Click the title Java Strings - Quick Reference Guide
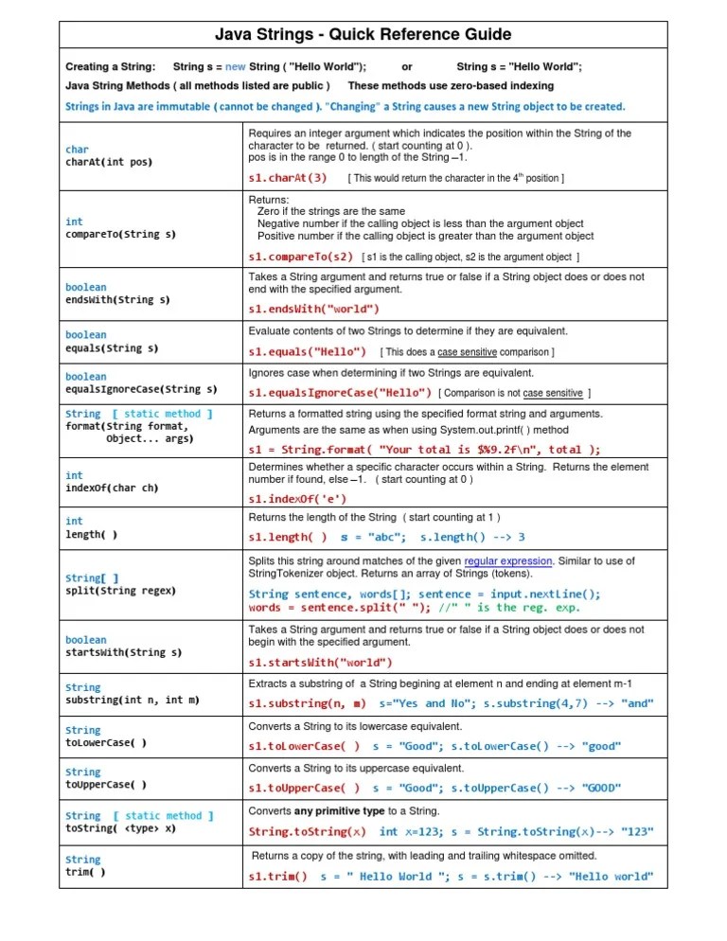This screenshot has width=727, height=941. [363, 35]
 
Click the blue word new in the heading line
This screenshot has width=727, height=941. [235, 67]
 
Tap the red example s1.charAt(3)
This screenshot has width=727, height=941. [288, 177]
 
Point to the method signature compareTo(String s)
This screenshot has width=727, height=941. [120, 233]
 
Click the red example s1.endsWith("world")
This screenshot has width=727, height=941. [313, 309]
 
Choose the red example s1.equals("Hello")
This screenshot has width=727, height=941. [307, 352]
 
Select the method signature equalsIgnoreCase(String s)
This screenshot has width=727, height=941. [141, 389]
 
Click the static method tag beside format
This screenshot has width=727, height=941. [162, 414]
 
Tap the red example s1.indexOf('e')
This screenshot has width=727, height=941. [297, 498]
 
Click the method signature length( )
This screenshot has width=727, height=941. [92, 534]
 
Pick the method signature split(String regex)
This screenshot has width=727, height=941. [120, 591]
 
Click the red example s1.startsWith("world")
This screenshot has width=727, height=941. [320, 662]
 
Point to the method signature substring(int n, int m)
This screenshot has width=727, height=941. [133, 700]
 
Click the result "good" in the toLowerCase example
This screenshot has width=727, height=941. [601, 746]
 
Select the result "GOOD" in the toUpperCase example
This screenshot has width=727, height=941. [601, 788]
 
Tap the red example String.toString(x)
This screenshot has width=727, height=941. [307, 832]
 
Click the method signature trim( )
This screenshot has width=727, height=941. [85, 872]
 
